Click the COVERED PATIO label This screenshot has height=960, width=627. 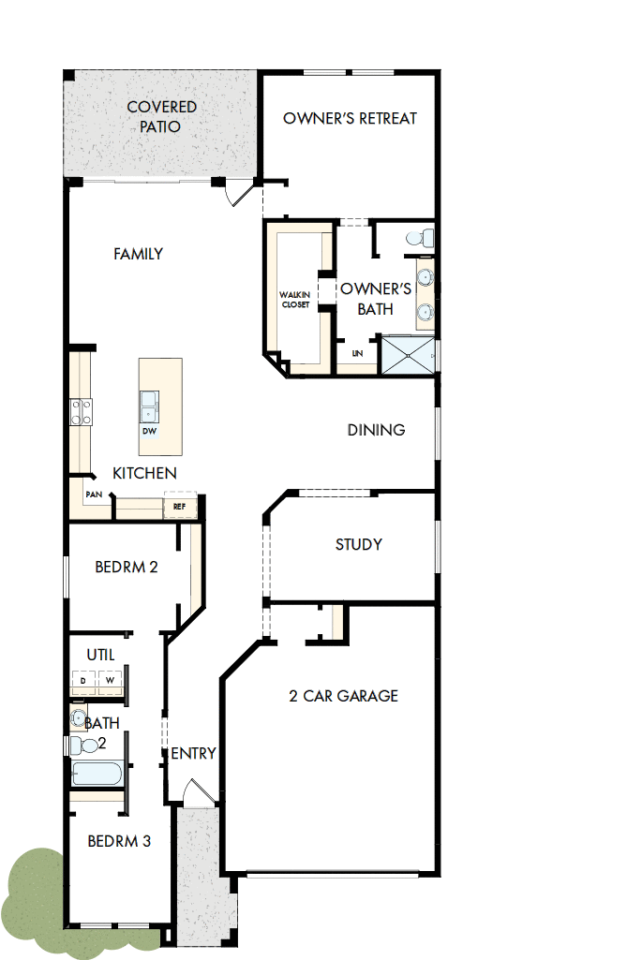pos(161,117)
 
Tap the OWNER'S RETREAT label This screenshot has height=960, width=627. pos(350,119)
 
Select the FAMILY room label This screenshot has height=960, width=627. pos(138,254)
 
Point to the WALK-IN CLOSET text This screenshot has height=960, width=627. pos(294,300)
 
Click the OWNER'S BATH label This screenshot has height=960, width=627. pos(375,299)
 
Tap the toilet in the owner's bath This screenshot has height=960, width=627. pos(418,238)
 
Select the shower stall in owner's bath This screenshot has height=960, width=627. pos(407,355)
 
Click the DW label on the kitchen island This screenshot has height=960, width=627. pos(149,432)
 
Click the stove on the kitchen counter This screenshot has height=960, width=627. pos(80,412)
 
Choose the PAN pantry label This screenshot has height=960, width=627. pos(93,494)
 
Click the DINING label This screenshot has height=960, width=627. pos(376,430)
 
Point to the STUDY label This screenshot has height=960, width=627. pos(358,544)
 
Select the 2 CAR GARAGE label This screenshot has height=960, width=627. pos(342,696)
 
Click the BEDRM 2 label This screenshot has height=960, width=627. pos(126,567)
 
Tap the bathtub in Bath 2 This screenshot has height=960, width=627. pos(97,775)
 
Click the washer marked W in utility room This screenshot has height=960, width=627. pos(110,679)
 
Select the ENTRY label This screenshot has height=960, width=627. pos(194,753)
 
